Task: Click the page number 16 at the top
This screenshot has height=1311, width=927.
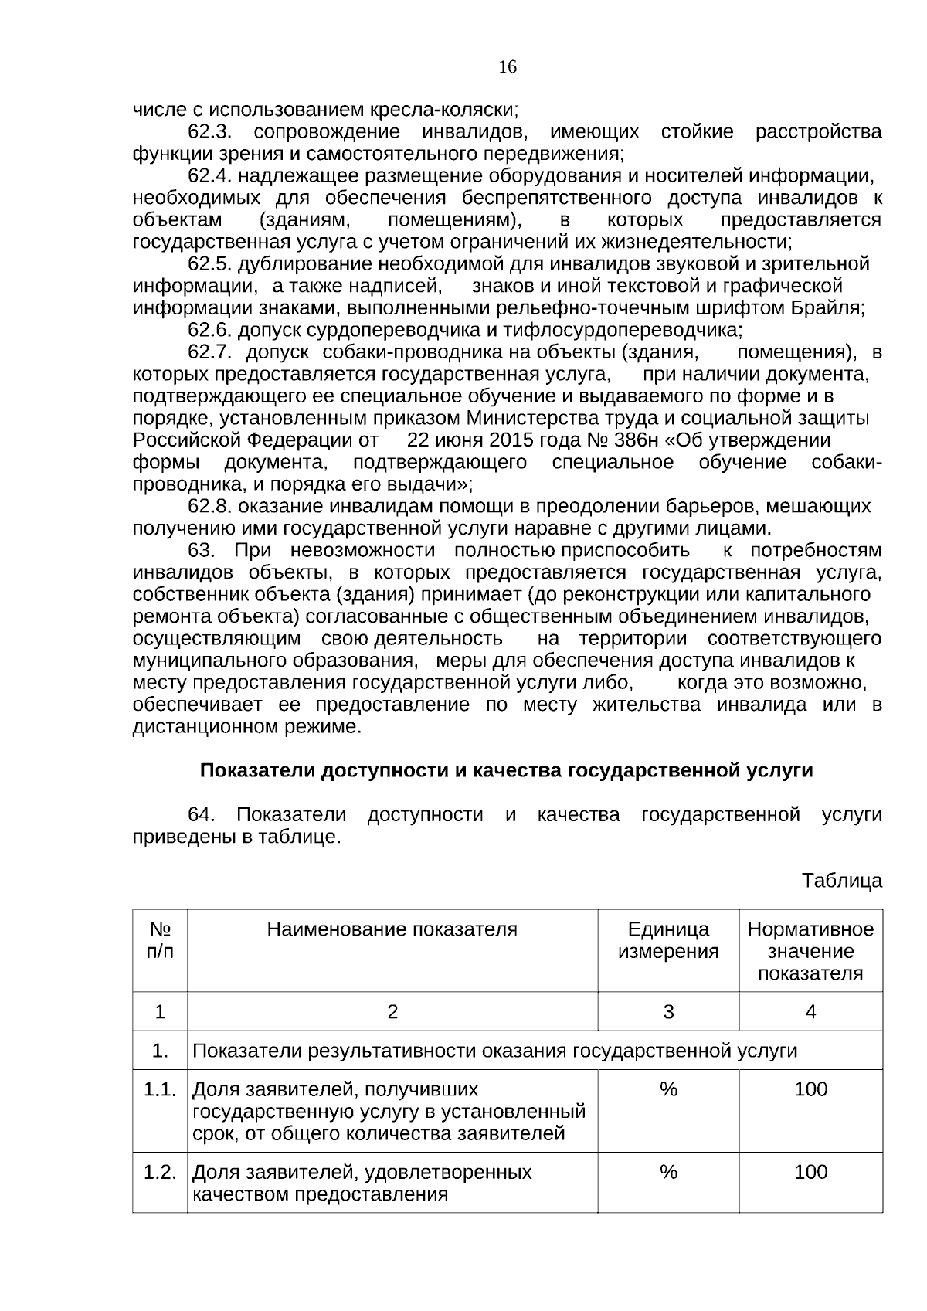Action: [508, 67]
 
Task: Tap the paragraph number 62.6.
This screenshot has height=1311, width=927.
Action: [210, 331]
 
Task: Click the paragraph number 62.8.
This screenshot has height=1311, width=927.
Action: [210, 507]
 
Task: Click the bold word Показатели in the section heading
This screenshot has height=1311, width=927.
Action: [258, 771]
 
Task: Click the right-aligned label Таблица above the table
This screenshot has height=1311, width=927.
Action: [841, 881]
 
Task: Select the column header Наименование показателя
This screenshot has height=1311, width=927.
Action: [392, 929]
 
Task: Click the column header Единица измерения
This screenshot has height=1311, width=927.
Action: [668, 940]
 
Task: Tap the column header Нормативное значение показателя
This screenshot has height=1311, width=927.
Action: [810, 951]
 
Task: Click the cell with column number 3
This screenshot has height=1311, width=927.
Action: [668, 1012]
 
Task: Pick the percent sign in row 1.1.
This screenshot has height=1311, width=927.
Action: [668, 1090]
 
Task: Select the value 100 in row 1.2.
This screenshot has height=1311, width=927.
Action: [810, 1173]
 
